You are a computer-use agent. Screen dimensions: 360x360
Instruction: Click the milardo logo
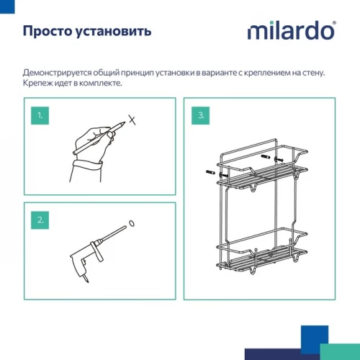point(292,31)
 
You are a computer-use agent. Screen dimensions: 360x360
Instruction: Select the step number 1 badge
point(42,115)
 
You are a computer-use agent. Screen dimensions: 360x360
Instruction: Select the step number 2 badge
point(42,220)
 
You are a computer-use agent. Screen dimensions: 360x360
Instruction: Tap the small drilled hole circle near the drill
point(132,223)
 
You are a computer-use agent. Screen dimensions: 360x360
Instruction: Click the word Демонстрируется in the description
point(58,73)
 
